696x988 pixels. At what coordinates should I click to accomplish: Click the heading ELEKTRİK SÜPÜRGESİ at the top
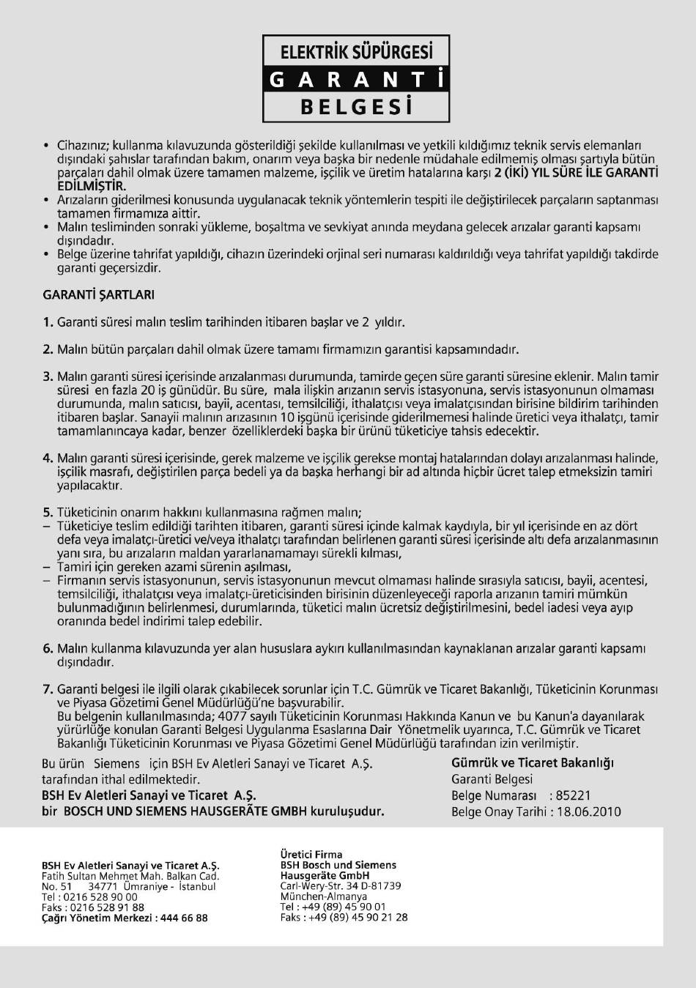(x=356, y=52)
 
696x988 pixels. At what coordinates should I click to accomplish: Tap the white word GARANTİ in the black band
(x=356, y=80)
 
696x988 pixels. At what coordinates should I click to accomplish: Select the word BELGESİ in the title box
(x=356, y=108)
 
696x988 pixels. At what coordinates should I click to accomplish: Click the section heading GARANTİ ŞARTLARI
(x=98, y=294)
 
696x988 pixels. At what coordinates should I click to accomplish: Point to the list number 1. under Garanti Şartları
(x=48, y=322)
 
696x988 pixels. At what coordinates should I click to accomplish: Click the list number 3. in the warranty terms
(x=48, y=376)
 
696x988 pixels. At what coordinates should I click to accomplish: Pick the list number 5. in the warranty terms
(x=48, y=513)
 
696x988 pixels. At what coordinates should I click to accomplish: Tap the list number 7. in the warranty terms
(x=48, y=689)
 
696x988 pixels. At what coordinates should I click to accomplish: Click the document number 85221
(x=574, y=795)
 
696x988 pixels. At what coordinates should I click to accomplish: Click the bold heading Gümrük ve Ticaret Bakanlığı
(x=533, y=762)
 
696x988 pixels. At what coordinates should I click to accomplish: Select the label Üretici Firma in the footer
(x=311, y=854)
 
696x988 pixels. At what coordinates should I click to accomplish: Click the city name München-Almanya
(x=324, y=896)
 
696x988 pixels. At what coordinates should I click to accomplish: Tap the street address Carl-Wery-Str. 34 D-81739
(x=341, y=885)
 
